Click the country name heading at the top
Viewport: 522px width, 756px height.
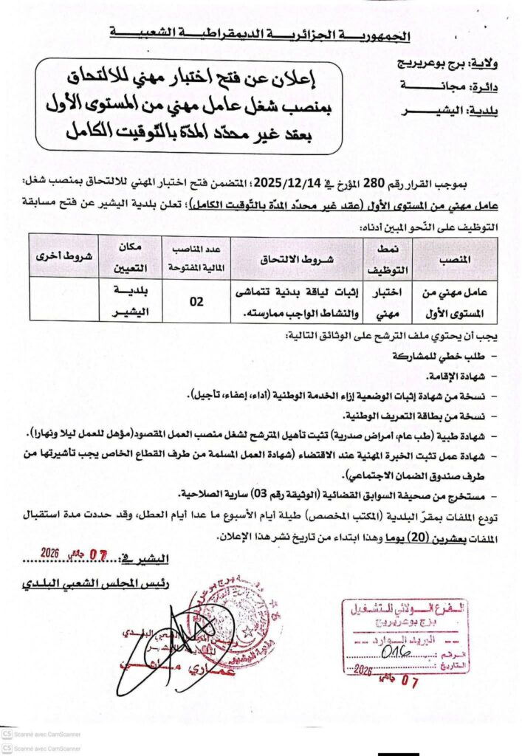click(261, 34)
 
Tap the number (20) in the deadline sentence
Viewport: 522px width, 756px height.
click(394, 540)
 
